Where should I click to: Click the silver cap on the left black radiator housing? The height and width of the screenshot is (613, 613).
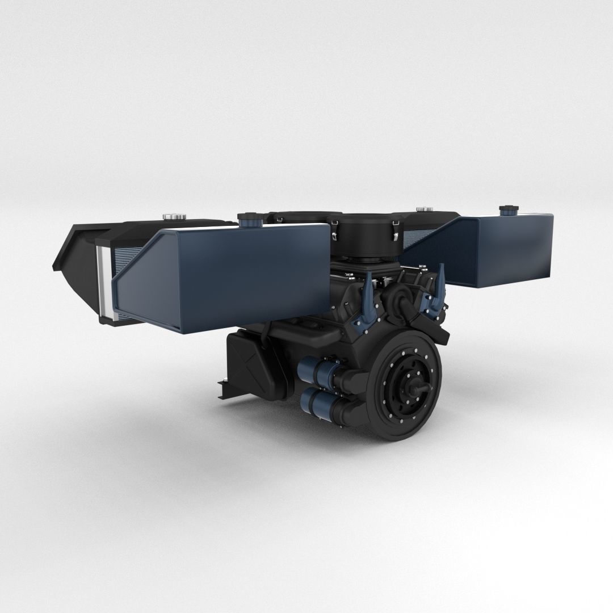pyautogui.click(x=171, y=217)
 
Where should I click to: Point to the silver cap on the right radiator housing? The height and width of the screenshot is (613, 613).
pyautogui.click(x=423, y=209)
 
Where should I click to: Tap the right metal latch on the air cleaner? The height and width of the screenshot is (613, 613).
pyautogui.click(x=396, y=229)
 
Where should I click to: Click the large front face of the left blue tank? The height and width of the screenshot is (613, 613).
pyautogui.click(x=227, y=278)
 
